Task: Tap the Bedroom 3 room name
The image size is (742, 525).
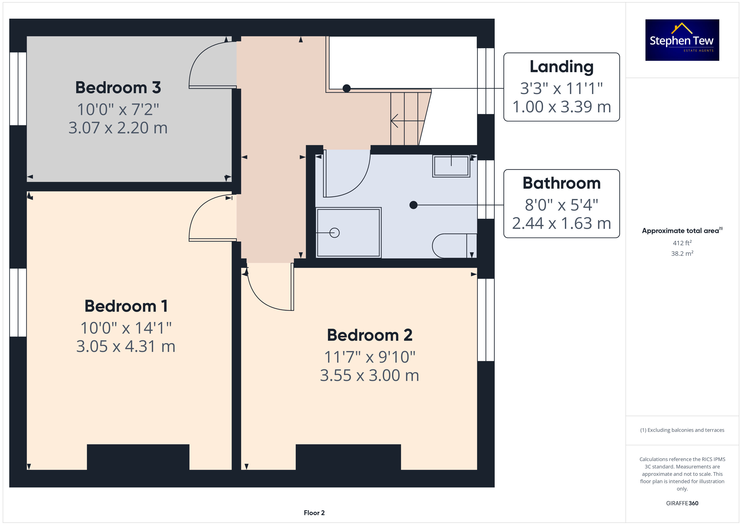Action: [118, 88]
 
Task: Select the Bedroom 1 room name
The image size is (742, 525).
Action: [126, 306]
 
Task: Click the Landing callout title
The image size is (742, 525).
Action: [562, 67]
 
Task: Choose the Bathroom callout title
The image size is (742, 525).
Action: [562, 183]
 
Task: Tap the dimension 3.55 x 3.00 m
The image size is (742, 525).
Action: [370, 375]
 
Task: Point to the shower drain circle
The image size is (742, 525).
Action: [334, 233]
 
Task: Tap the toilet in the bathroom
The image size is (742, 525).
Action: [454, 246]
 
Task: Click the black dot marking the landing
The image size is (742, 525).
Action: [346, 88]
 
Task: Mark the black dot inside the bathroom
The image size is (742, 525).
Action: [413, 205]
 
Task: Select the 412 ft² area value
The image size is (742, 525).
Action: [682, 243]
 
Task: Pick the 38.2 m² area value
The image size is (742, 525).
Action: [682, 253]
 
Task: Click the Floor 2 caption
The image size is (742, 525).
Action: [314, 513]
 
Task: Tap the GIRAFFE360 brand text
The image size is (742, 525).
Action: [682, 503]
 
